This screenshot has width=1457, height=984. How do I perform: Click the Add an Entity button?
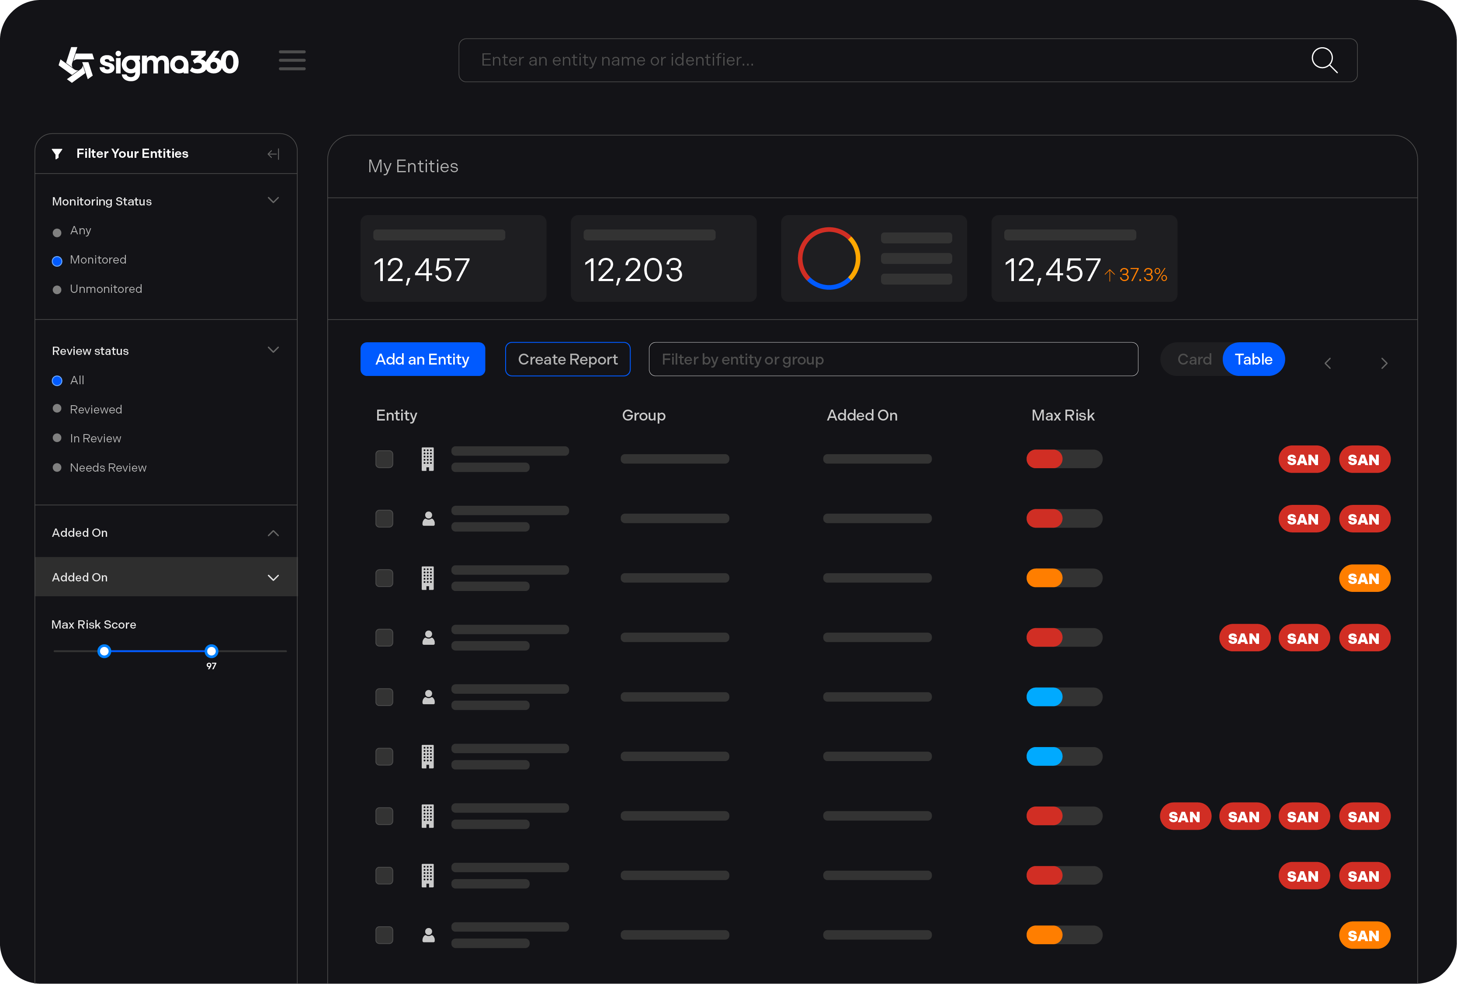coord(422,359)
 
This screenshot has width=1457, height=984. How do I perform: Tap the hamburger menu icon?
coord(292,60)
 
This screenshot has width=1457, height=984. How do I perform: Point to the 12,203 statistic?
coord(633,270)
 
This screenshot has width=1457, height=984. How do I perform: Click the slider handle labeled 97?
coord(211,651)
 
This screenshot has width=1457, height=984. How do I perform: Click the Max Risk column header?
coord(1063,415)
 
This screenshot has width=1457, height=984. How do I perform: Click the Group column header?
coord(643,415)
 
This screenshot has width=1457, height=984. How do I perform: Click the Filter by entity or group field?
coord(893,359)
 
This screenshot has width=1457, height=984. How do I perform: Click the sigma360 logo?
coord(149,63)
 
